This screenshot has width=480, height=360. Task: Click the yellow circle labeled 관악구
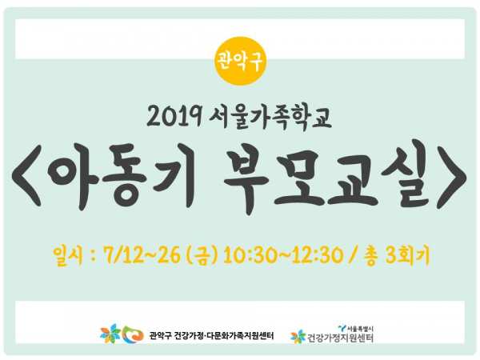point(240,62)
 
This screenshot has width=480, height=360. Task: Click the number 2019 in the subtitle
point(174,117)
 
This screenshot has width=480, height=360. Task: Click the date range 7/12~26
point(142,255)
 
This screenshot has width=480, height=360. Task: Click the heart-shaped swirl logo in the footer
point(133,334)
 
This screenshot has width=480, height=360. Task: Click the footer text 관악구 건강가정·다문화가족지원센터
point(211,335)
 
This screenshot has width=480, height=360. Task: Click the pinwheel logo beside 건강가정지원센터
point(298,337)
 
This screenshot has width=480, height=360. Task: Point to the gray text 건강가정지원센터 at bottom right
point(340,338)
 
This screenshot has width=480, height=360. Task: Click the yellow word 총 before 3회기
point(370,255)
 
